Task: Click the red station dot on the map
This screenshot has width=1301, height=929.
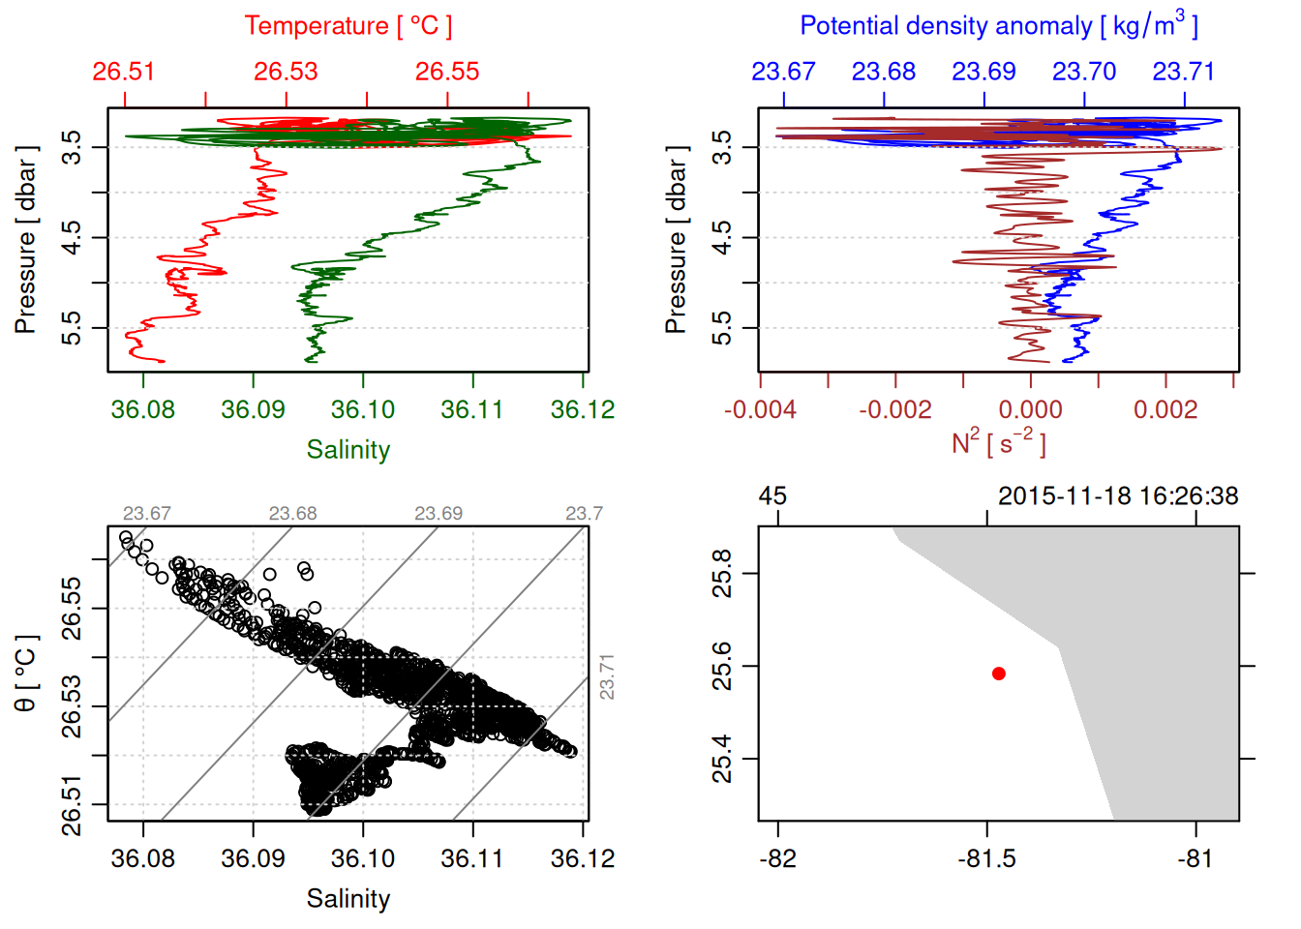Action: (x=998, y=674)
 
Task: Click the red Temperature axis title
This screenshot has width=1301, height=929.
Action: (x=348, y=26)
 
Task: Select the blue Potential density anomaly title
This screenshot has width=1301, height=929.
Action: (x=998, y=25)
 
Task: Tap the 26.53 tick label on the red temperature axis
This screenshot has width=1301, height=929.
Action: (x=286, y=72)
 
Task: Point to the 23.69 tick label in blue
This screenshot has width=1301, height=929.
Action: (x=983, y=72)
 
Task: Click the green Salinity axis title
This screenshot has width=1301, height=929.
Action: (x=348, y=450)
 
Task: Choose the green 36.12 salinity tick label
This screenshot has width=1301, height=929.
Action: (x=583, y=410)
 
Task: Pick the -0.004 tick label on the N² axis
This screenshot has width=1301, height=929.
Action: (x=761, y=410)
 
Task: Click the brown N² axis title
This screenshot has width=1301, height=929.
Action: (x=998, y=443)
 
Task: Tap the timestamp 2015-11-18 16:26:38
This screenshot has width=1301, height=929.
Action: (x=1118, y=496)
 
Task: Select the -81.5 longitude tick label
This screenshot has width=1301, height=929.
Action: (x=986, y=859)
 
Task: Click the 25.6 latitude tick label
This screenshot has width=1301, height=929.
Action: (x=722, y=667)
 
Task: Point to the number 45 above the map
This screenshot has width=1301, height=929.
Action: (x=772, y=496)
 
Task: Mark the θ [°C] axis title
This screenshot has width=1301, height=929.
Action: (x=25, y=674)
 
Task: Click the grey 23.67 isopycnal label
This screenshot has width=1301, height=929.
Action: (x=146, y=514)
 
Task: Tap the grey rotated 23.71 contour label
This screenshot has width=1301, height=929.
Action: (x=607, y=676)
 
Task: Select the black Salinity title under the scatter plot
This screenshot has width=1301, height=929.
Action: (x=348, y=899)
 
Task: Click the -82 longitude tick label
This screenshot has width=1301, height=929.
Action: (x=777, y=859)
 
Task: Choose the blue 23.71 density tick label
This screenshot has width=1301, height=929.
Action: (x=1183, y=72)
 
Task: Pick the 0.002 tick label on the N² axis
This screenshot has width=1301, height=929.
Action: (x=1165, y=410)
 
